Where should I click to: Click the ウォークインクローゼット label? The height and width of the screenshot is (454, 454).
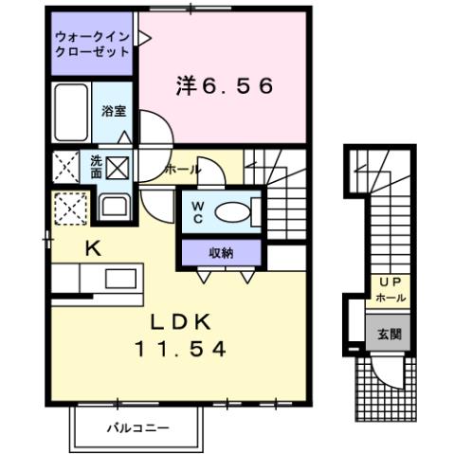92,45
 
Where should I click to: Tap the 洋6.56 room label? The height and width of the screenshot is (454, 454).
224,86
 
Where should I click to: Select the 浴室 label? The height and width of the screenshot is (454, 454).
113,111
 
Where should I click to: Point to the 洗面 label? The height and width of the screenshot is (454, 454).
96,167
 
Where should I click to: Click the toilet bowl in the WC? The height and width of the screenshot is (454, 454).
232,211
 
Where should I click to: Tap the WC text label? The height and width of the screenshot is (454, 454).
199,211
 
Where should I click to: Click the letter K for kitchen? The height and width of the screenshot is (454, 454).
92,249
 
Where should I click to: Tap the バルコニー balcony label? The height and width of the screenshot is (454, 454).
136,429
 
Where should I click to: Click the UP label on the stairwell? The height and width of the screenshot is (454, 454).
389,281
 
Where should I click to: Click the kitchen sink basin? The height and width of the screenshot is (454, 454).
120,279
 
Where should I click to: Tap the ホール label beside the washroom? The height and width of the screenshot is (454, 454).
183,170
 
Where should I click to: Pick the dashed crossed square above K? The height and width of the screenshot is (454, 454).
68,208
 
